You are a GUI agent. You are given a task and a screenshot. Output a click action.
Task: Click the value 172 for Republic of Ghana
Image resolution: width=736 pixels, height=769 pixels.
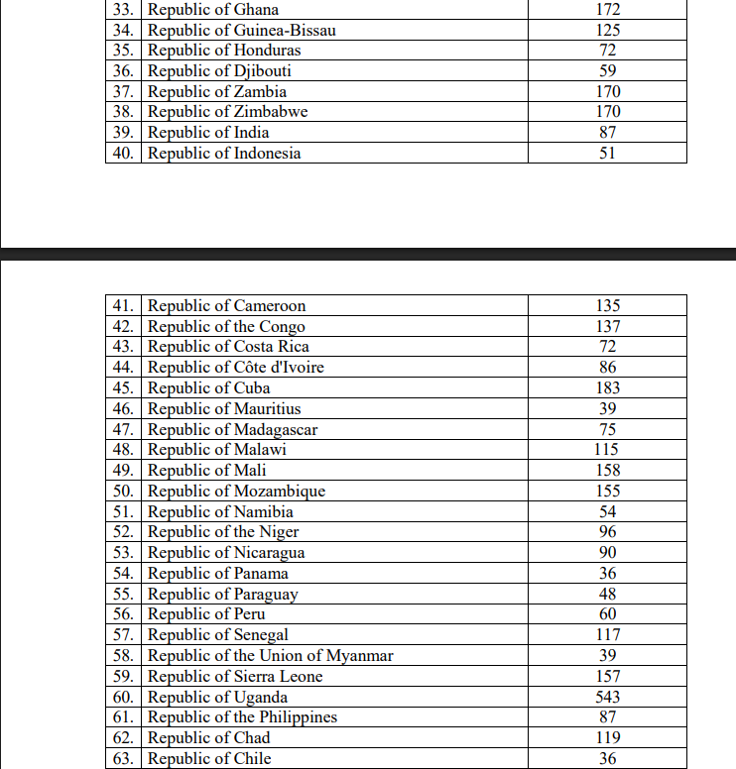[608, 10]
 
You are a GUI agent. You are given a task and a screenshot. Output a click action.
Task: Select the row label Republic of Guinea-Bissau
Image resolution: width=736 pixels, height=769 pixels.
[242, 30]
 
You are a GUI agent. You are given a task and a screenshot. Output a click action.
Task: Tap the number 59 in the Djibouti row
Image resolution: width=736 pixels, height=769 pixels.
[608, 71]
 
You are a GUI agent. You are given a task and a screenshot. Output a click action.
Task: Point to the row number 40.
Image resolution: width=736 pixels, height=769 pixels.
[123, 154]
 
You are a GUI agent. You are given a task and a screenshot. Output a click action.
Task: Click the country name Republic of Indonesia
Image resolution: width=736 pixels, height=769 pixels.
[224, 154]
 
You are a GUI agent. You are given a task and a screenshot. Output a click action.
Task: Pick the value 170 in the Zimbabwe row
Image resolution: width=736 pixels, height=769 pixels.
[608, 112]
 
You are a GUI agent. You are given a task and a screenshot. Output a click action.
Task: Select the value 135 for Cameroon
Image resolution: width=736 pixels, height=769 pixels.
[608, 306]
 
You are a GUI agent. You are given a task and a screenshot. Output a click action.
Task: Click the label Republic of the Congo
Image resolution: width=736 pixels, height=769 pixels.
[226, 327]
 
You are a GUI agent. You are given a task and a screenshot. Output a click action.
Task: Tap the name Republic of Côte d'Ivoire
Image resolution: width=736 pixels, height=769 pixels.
[236, 368]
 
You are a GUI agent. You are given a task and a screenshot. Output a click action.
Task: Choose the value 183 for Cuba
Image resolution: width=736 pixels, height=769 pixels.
[608, 388]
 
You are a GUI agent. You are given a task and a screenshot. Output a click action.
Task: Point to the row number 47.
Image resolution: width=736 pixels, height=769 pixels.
[123, 430]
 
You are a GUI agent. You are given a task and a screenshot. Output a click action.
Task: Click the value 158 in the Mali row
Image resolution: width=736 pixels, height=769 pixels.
[608, 471]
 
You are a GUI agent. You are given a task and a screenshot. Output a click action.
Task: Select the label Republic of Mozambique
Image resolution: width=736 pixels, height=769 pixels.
[236, 492]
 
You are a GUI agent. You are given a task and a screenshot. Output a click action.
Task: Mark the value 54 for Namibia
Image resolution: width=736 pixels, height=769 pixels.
[608, 512]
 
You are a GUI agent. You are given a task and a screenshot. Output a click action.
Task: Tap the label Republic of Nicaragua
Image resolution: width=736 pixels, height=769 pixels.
[226, 553]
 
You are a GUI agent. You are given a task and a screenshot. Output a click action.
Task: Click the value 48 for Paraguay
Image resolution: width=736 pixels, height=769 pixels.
[608, 595]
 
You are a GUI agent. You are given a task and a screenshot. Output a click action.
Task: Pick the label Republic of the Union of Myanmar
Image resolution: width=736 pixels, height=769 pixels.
[271, 656]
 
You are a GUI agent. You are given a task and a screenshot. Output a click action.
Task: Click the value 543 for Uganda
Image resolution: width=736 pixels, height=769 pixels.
[608, 698]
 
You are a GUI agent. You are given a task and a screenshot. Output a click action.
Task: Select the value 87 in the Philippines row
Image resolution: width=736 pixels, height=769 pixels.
[608, 717]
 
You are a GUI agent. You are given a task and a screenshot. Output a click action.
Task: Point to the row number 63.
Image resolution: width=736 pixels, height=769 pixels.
[123, 759]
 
